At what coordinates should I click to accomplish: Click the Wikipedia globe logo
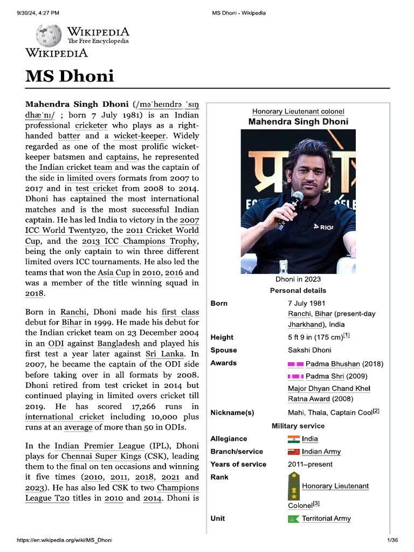click(x=49, y=36)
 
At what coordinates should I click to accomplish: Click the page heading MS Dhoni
click(x=70, y=76)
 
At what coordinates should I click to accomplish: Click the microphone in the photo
click(x=295, y=201)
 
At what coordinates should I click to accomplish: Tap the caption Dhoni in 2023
click(x=298, y=279)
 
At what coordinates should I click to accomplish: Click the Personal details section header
click(x=298, y=291)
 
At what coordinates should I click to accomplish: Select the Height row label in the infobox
click(x=222, y=337)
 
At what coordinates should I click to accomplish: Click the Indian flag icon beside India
click(x=293, y=439)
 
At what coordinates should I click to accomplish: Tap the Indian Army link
click(x=321, y=452)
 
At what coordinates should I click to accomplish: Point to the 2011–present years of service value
click(x=310, y=465)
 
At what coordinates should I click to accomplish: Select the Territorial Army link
click(x=326, y=519)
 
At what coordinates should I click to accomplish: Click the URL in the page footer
click(x=65, y=540)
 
